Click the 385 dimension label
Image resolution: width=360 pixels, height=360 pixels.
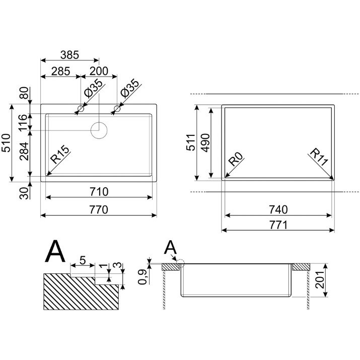[x=69, y=55]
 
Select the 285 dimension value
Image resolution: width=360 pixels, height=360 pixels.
[x=60, y=71]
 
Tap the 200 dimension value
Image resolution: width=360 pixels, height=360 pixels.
[x=99, y=71]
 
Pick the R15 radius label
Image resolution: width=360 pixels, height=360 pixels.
[x=60, y=154]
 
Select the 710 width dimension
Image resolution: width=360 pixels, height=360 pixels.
[x=99, y=192]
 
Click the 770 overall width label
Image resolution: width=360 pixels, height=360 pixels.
[x=99, y=209]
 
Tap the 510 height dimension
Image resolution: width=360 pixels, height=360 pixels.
[x=6, y=143]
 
